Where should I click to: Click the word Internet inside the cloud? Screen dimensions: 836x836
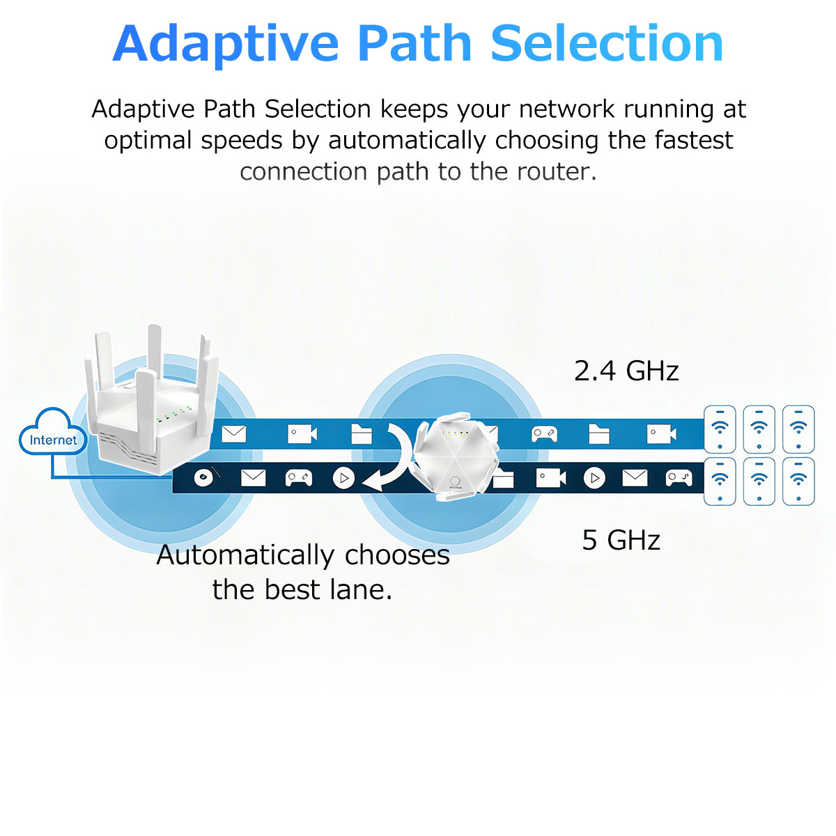(53, 440)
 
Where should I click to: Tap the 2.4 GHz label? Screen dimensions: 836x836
(626, 371)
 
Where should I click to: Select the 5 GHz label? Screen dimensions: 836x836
(621, 540)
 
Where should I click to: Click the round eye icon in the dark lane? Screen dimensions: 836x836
(203, 478)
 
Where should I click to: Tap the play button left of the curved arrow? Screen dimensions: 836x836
(343, 478)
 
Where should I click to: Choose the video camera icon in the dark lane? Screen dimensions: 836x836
(550, 478)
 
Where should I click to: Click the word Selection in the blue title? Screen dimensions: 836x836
(607, 43)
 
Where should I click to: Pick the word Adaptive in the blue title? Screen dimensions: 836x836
(225, 43)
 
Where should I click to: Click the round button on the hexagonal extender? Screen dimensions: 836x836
(456, 481)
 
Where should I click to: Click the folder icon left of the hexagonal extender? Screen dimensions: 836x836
(361, 434)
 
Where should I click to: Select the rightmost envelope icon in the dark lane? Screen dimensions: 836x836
(634, 478)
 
